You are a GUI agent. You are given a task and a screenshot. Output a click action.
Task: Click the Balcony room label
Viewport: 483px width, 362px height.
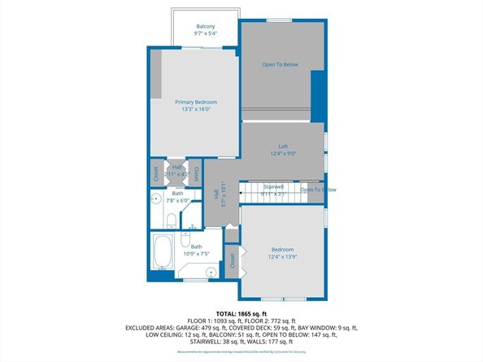(x=205, y=26)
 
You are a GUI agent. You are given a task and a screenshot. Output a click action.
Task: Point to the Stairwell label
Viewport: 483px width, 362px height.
(x=272, y=186)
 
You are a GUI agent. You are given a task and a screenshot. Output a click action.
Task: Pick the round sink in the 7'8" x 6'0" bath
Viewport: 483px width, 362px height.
(x=156, y=197)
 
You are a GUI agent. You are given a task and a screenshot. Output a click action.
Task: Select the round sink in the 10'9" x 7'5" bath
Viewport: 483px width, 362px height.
(x=211, y=273)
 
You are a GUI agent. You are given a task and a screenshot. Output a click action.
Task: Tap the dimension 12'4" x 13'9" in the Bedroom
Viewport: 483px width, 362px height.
(x=282, y=256)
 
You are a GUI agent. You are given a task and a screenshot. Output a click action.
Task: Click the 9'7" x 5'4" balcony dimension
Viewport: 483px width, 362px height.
(x=205, y=34)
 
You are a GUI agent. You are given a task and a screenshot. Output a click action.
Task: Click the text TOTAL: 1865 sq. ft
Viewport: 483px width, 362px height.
(x=241, y=313)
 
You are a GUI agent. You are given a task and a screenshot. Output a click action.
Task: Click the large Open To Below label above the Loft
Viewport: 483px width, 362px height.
(x=279, y=63)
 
